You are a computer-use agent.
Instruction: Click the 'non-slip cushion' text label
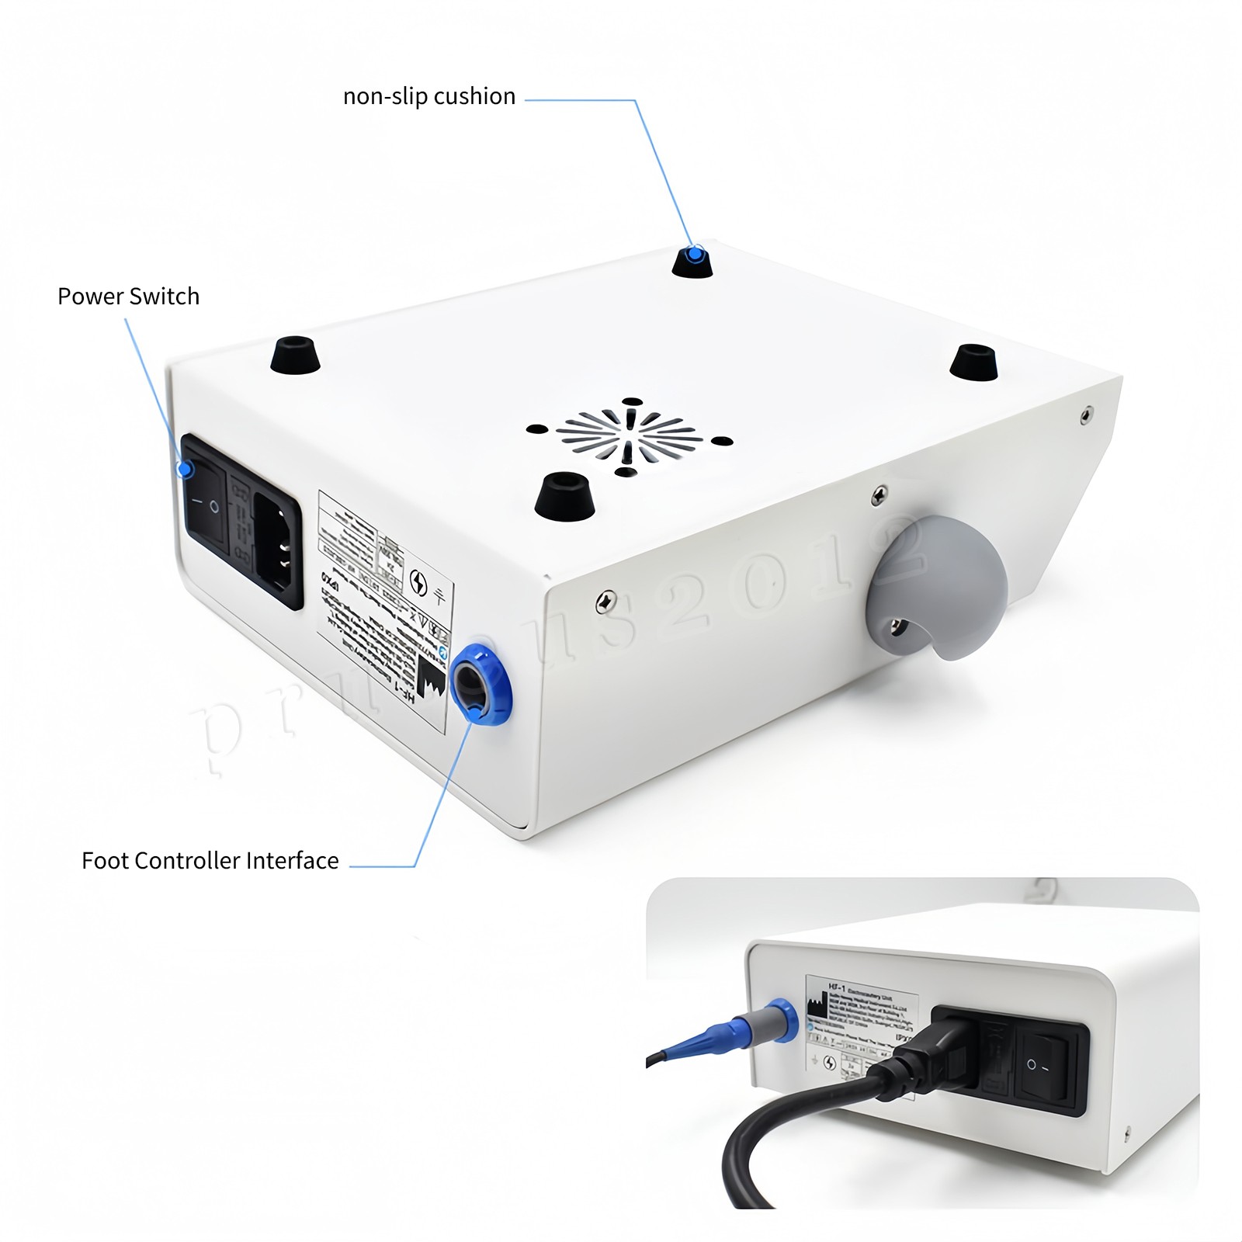(429, 96)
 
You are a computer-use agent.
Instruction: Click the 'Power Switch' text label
(128, 297)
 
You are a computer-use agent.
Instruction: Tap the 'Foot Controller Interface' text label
(210, 861)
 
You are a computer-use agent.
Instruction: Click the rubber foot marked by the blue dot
(692, 262)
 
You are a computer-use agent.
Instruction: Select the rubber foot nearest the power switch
(295, 356)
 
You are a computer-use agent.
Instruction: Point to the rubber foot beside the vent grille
(565, 497)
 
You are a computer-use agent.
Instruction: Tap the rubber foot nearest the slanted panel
(974, 363)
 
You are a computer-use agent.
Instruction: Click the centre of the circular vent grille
(629, 436)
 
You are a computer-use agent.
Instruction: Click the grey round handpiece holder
(938, 586)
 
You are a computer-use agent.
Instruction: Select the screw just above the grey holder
(879, 494)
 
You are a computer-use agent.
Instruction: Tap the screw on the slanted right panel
(1087, 415)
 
